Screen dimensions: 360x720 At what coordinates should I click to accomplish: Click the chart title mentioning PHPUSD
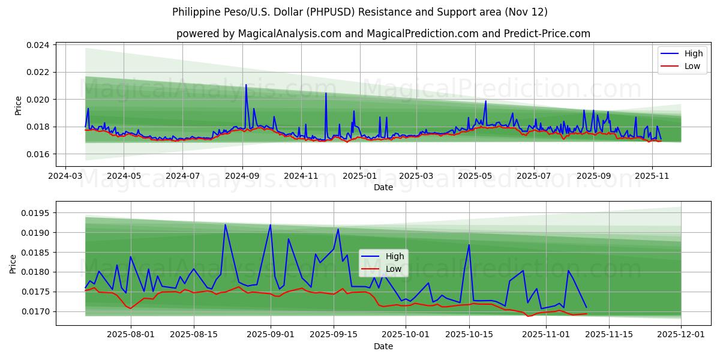click(359, 12)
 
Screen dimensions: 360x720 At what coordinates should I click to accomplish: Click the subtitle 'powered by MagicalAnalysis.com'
click(383, 34)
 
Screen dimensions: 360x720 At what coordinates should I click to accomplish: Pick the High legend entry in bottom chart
click(384, 256)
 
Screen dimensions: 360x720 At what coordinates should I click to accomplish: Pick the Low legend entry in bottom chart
click(384, 269)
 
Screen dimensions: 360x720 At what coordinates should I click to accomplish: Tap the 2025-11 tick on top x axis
click(651, 176)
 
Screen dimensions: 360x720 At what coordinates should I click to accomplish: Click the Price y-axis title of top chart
click(18, 105)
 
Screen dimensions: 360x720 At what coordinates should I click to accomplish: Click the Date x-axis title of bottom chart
click(383, 346)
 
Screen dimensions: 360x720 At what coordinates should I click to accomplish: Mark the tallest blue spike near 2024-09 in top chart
click(246, 85)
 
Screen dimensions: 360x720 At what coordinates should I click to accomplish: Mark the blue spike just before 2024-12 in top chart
click(326, 93)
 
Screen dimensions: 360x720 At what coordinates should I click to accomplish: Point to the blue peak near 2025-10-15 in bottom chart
click(469, 245)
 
